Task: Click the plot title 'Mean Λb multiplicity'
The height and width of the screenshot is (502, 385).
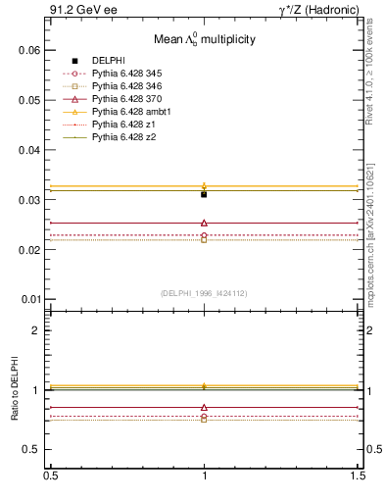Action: tap(204, 40)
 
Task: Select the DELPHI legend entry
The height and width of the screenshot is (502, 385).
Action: tap(109, 61)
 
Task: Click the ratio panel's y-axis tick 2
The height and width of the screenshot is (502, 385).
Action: tap(34, 330)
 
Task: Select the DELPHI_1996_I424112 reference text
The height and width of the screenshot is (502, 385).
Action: tap(204, 293)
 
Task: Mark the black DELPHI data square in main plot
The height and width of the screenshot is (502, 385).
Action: tap(204, 194)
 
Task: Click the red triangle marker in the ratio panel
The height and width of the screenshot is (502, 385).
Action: tap(204, 407)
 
